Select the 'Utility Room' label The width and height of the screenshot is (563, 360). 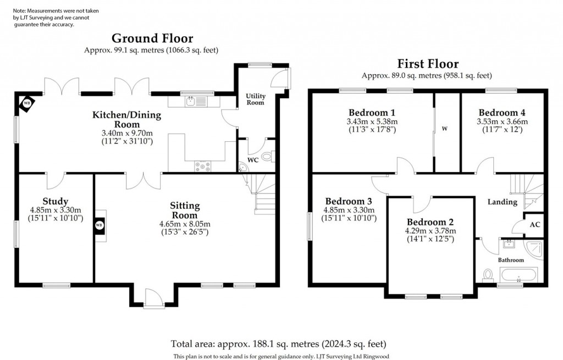(x=255, y=99)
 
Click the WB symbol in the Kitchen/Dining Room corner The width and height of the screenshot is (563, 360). (x=27, y=103)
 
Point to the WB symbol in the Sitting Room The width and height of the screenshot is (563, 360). (x=100, y=225)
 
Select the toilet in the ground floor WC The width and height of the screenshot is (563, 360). (x=267, y=157)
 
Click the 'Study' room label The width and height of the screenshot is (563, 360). (x=55, y=201)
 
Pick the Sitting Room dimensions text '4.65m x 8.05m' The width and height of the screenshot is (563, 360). (x=185, y=224)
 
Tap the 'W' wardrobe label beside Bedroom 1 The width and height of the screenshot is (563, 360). (x=446, y=130)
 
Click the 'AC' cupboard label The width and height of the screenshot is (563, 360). (x=534, y=225)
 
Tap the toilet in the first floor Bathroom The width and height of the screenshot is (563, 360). (x=487, y=275)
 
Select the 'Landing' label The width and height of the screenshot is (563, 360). (x=502, y=202)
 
